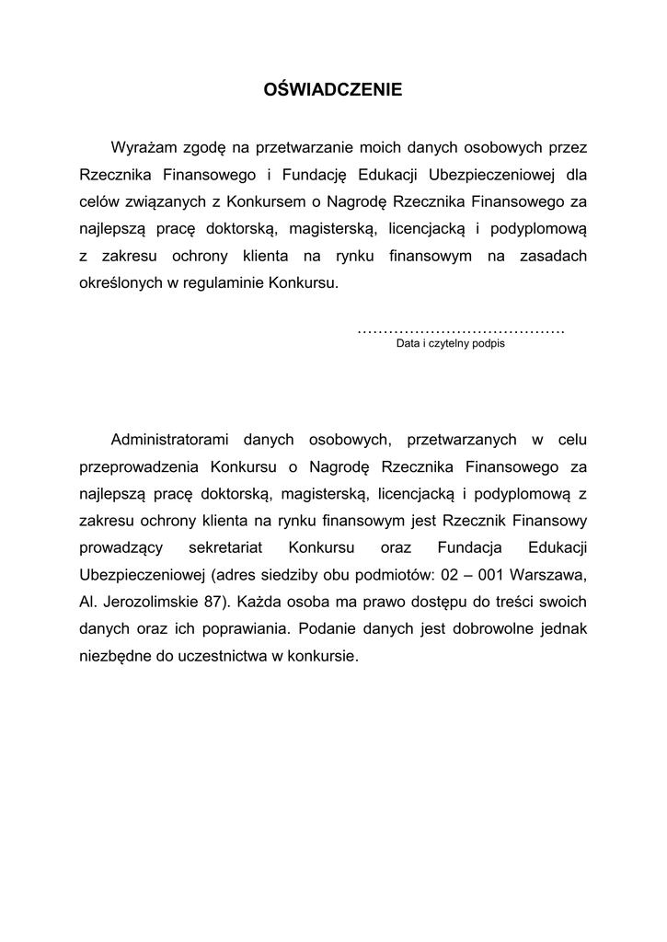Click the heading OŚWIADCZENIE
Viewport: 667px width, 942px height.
pyautogui.click(x=333, y=90)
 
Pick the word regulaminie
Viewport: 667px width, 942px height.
pyautogui.click(x=224, y=282)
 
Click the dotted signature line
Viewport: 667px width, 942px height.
pyautogui.click(x=460, y=329)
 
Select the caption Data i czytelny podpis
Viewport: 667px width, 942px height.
pyautogui.click(x=451, y=344)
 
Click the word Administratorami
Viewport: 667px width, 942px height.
pyautogui.click(x=167, y=439)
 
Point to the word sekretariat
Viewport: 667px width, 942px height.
pyautogui.click(x=225, y=548)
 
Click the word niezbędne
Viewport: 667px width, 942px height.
pyautogui.click(x=115, y=658)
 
